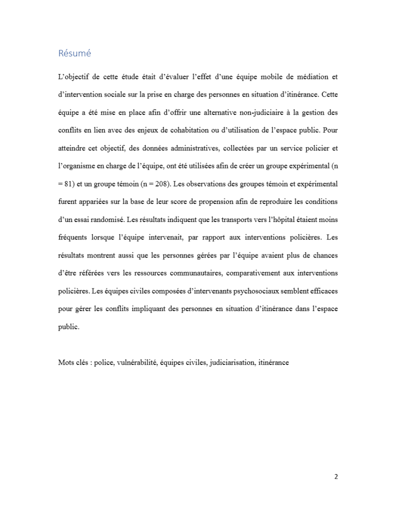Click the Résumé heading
74,53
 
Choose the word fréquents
73,237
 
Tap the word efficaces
321,291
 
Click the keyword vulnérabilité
136,362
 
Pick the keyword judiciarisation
231,362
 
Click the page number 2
336,476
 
